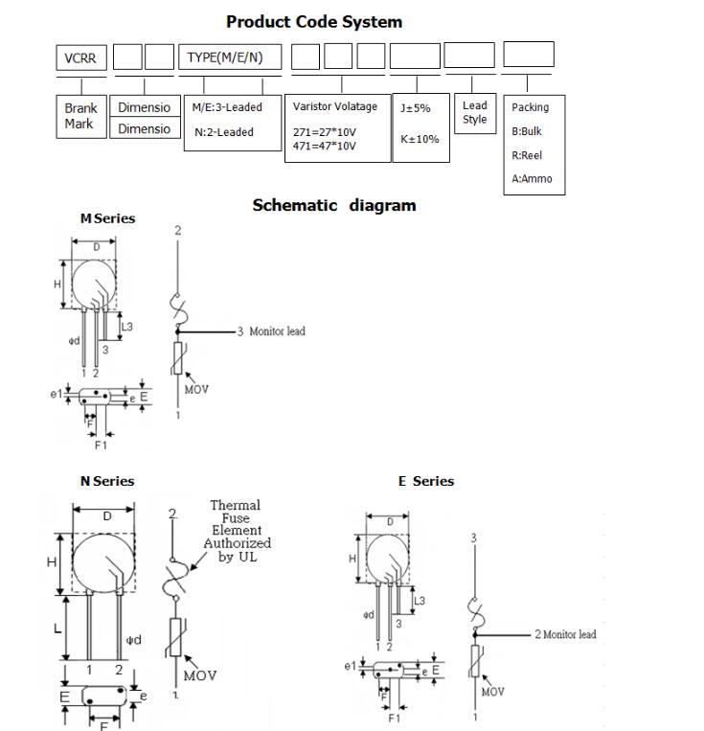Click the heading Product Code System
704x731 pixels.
314,21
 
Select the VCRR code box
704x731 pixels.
80,57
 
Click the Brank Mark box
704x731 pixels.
80,116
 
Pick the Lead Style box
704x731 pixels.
474,113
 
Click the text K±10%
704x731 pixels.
420,139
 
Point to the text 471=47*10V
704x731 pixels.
324,146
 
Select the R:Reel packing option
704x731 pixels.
527,155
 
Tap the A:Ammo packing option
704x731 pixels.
532,178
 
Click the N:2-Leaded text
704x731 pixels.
224,132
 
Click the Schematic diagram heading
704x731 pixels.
334,205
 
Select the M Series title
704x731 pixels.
107,218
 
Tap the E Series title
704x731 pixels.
426,481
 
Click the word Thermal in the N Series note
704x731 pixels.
235,505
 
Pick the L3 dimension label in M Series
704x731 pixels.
126,327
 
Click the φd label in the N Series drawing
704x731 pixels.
134,640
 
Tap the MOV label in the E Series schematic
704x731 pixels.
493,692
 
